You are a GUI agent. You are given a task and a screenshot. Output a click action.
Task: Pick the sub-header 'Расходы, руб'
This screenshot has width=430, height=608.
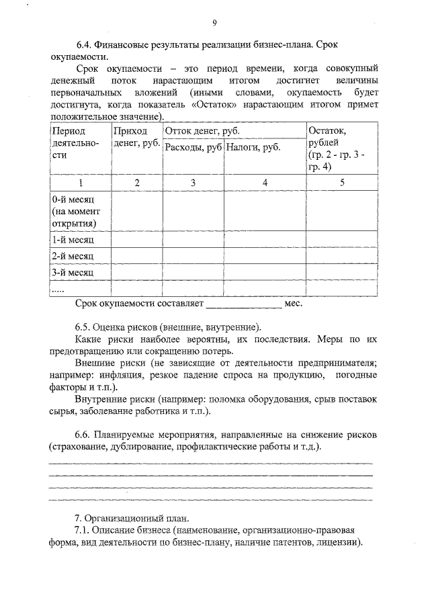click(193, 146)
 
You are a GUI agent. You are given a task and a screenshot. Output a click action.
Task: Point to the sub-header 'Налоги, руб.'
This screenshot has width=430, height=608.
click(253, 146)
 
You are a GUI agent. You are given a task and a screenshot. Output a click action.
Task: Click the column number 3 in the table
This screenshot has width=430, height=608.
click(193, 183)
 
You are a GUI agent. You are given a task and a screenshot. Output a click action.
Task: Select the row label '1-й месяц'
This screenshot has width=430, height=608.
click(72, 240)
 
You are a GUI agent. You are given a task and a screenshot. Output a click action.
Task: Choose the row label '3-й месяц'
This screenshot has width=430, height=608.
click(72, 273)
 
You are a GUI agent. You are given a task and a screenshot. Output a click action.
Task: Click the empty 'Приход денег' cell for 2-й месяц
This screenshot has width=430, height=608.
click(136, 256)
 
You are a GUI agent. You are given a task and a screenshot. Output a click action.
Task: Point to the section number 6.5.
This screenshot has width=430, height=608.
click(83, 327)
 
